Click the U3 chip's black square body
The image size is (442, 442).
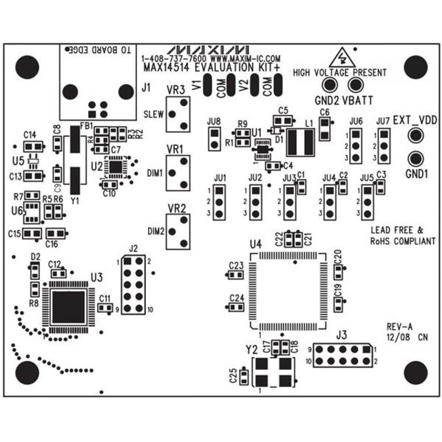[69, 307]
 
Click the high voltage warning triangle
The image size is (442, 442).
[342, 57]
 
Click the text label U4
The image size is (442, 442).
[255, 244]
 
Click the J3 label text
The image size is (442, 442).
[341, 335]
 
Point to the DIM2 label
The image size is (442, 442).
[156, 231]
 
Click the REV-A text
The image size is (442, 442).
[399, 327]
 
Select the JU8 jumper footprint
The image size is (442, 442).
[214, 138]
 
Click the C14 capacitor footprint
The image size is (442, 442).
[33, 146]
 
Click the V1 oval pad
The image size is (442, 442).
[207, 84]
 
